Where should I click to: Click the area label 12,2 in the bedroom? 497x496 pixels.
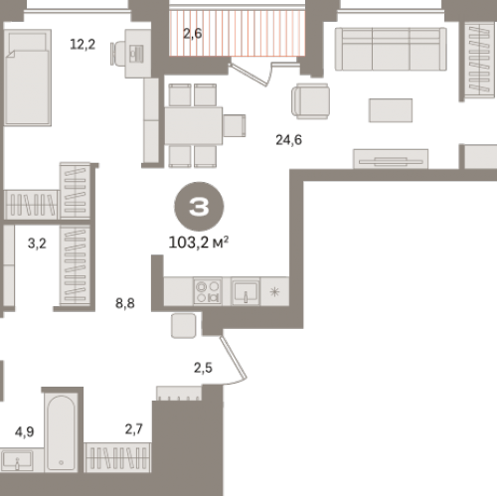[83, 44]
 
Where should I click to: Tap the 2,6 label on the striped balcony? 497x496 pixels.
[193, 33]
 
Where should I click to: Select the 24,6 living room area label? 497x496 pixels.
[288, 140]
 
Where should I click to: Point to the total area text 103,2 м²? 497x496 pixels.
[199, 243]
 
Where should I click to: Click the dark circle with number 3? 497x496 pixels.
[199, 206]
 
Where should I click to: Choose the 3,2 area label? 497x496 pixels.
[37, 244]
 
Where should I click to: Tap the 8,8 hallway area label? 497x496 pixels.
[125, 303]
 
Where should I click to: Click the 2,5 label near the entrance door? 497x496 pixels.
[203, 368]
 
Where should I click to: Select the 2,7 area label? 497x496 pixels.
[134, 429]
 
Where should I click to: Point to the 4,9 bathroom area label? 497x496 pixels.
[24, 431]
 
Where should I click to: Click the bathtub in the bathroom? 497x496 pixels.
[61, 432]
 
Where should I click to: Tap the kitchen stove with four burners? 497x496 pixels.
[208, 291]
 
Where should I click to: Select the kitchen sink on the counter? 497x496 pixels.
[246, 291]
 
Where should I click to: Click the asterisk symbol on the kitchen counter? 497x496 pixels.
[274, 292]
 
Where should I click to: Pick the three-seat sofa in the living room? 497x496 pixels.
[391, 49]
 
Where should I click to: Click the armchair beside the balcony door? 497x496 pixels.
[310, 101]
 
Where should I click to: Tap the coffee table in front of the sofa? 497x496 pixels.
[391, 110]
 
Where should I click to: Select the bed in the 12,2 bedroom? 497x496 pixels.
[28, 78]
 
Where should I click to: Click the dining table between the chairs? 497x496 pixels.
[194, 125]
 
